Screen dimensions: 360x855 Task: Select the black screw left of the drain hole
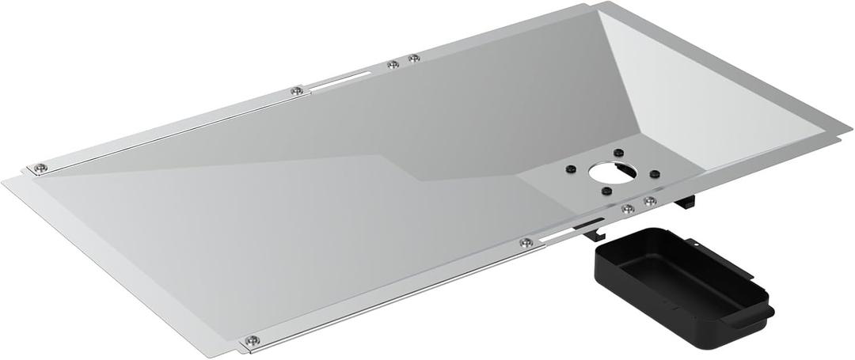click(569, 169)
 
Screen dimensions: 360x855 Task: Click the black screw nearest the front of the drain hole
click(606, 191)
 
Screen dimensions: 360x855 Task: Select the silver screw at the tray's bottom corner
click(251, 340)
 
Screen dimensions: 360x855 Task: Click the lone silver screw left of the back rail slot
click(296, 91)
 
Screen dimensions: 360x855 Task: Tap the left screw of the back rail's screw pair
click(392, 65)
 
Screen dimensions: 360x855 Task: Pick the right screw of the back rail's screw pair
click(413, 58)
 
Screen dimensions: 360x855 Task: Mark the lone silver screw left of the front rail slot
click(524, 242)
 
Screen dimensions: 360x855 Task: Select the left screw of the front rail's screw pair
click(628, 209)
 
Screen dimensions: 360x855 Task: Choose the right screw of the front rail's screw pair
click(650, 201)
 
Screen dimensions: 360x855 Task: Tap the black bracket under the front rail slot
click(592, 231)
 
